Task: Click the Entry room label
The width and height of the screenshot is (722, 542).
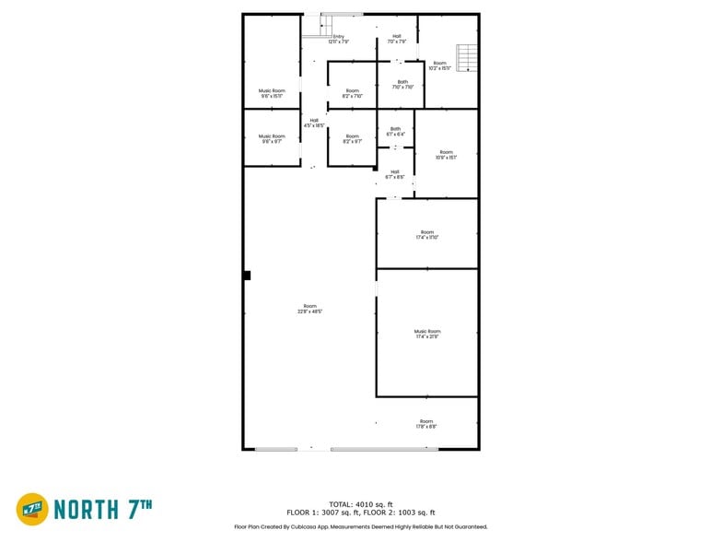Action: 338,39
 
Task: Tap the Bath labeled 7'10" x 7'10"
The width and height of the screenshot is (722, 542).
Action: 402,84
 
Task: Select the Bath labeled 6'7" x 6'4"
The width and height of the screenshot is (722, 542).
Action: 395,131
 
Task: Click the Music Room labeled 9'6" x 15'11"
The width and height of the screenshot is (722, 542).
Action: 272,93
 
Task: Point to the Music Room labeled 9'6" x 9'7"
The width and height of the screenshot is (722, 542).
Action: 272,138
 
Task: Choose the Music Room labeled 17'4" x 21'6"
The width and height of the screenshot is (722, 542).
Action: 427,334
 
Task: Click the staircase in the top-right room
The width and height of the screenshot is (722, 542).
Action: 468,58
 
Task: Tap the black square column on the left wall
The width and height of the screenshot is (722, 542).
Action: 247,275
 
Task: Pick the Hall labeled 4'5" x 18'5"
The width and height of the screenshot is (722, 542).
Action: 314,123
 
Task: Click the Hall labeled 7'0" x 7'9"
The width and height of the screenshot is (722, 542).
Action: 396,39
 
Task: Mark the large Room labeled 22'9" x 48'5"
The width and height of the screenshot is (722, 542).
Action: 309,309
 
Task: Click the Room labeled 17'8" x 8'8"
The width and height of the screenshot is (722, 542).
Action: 426,423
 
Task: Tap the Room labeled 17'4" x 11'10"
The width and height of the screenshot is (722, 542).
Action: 427,234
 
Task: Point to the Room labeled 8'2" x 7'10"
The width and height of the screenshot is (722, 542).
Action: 352,93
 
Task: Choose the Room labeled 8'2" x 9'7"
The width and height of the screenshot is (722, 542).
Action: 352,138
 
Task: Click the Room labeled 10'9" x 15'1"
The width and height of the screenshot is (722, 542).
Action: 447,155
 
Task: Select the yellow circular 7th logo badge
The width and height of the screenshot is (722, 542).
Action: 32,509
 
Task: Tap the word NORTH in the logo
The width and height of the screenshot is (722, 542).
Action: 86,509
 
